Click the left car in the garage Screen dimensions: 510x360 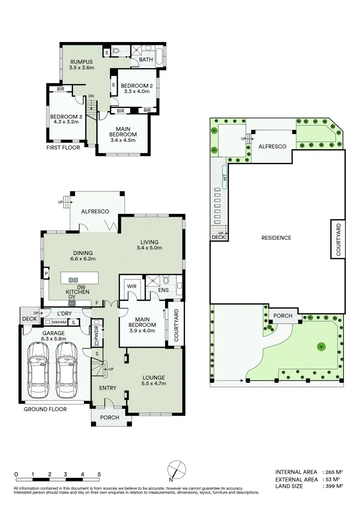(39, 363)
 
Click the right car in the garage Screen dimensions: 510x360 (67, 363)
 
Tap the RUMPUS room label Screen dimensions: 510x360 (82, 62)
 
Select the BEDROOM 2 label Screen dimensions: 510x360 (136, 85)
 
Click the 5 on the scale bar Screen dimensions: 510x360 (99, 474)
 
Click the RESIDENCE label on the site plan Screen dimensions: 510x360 (276, 238)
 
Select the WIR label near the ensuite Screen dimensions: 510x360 (131, 286)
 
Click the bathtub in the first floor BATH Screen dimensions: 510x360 (160, 57)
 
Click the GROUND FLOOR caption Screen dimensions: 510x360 (45, 409)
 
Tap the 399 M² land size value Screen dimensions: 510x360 (333, 486)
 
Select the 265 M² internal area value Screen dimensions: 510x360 (333, 472)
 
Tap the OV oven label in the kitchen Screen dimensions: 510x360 (72, 297)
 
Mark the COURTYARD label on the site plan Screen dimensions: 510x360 (338, 239)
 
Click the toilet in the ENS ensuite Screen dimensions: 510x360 (165, 281)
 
